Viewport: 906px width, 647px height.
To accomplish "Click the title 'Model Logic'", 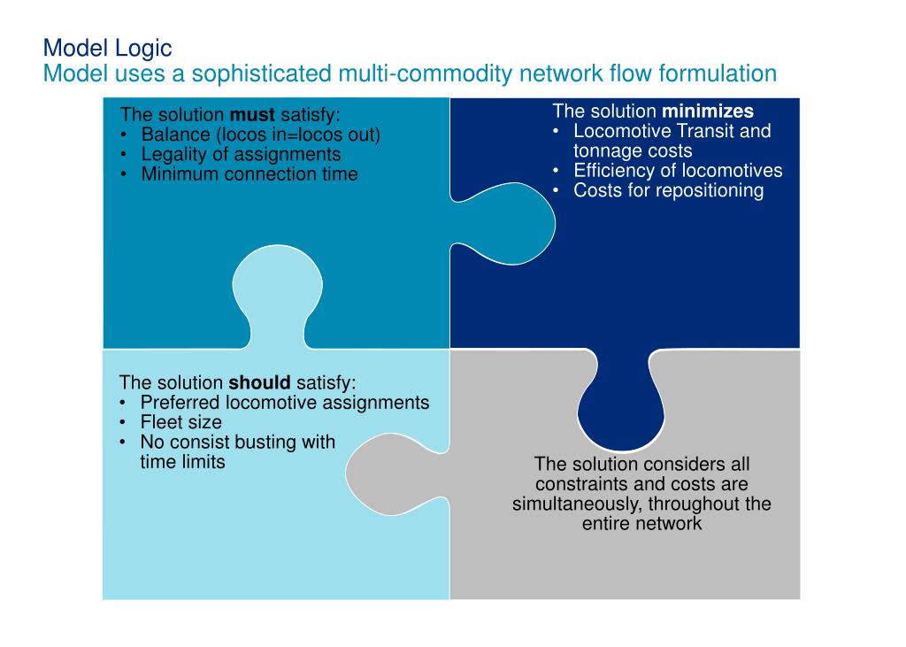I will point(107,47).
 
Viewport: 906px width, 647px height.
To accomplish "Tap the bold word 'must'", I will point(252,115).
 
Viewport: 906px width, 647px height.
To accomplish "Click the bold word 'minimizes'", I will point(708,112).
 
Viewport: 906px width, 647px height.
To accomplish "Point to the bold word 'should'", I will point(259,383).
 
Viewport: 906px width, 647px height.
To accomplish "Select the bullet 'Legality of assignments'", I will point(241,154).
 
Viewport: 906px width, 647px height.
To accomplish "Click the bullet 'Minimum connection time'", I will point(249,173).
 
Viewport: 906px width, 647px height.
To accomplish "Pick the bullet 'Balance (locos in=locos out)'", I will point(260,135).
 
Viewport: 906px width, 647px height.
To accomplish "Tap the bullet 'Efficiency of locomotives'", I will point(678,171).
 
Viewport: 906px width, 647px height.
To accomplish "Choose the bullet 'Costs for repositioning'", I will point(668,190).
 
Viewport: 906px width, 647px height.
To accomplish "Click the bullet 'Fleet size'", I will point(180,422).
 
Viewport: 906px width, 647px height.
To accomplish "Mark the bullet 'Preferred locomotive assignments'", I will point(284,403).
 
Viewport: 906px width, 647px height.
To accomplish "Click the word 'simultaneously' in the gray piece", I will point(577,504).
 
